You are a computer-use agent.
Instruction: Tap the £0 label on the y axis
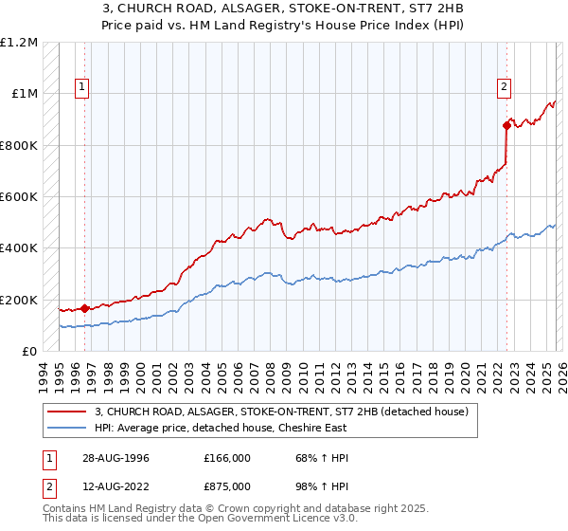coord(28,352)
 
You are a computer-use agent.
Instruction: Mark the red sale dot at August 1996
coord(85,308)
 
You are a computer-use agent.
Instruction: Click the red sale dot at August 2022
coord(506,125)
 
